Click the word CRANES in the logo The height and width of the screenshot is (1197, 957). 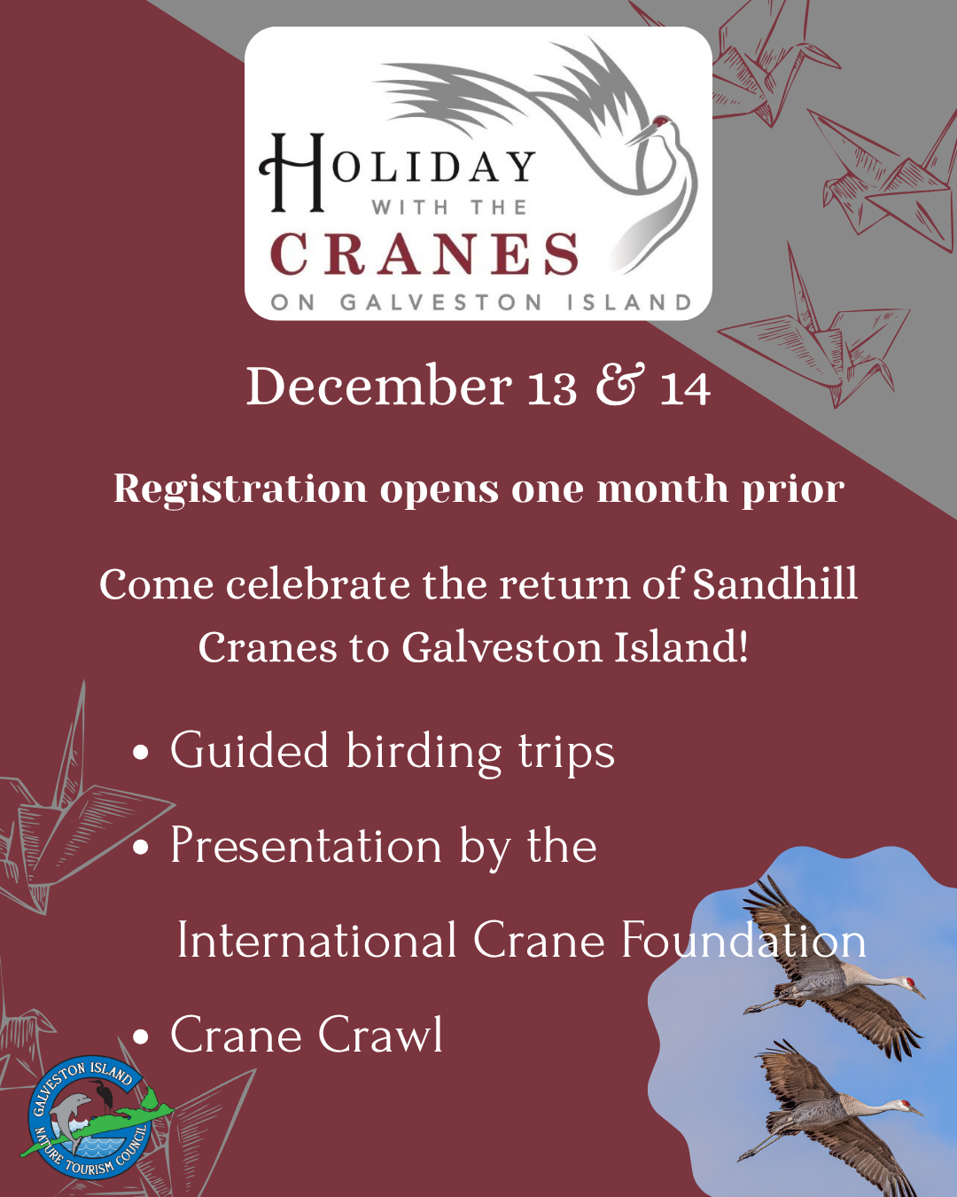424,254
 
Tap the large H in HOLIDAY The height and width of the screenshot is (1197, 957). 292,172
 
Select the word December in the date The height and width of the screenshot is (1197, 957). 379,386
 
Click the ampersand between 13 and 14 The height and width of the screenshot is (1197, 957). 619,384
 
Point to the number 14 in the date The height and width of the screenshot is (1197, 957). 685,388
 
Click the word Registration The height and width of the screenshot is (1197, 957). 240,489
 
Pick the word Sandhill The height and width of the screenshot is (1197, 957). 774,584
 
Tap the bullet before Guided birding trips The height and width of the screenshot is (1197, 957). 141,753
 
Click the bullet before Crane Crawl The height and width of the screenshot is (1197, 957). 141,1037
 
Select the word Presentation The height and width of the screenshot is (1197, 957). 307,846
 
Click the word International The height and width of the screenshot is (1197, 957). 316,940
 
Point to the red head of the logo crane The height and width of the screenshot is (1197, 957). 662,121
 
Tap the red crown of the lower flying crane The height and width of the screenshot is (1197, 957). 906,1103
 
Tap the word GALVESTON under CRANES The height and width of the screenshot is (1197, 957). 440,302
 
